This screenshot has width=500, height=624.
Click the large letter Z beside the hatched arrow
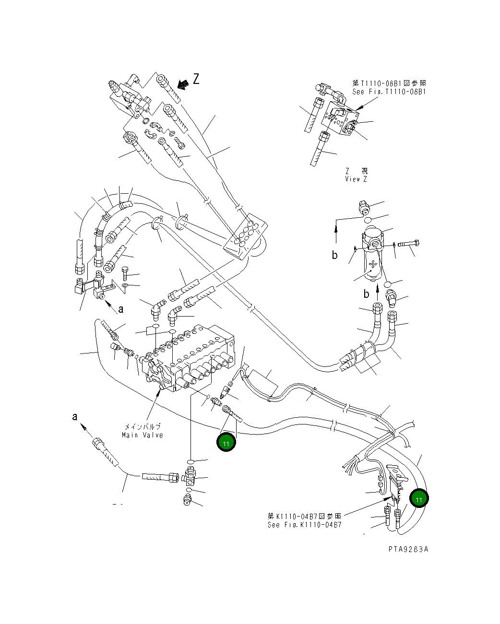tap(196, 79)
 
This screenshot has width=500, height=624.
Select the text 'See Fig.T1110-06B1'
tap(389, 92)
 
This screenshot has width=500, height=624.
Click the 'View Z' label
tap(356, 179)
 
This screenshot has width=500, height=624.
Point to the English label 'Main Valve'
tap(143, 435)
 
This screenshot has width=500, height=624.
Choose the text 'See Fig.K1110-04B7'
tap(305, 525)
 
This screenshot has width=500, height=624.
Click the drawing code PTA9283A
tap(408, 549)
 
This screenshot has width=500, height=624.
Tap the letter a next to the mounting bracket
tap(121, 309)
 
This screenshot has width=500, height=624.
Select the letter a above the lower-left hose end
tap(75, 416)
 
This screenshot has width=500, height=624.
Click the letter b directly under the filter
tap(366, 294)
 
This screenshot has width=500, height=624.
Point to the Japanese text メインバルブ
tap(143, 426)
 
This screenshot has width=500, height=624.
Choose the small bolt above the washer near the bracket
tap(126, 273)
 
